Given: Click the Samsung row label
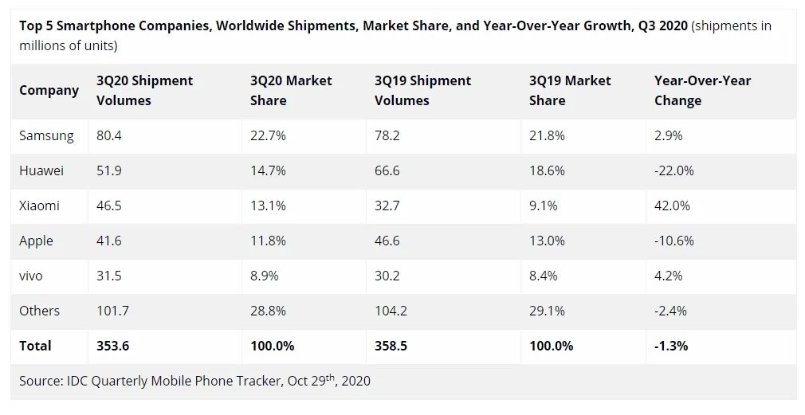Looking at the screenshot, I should pos(46,135).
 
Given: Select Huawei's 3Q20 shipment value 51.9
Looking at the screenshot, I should pos(109,170).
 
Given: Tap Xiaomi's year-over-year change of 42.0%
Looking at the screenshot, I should pos(672,206).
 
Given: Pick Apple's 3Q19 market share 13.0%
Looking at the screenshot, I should pos(547,241).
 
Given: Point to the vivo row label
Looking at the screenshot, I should pos(31,276).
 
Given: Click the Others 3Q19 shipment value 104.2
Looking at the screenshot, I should pos(391,311).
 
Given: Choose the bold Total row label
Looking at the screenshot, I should pos(35,346).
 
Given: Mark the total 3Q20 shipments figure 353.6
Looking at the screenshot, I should pos(112,346).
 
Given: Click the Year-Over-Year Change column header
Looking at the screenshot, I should pos(702,91).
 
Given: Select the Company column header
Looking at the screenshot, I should pos(49,90).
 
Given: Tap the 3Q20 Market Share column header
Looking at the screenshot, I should pos(291,91).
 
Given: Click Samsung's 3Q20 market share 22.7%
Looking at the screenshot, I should pos(268,135).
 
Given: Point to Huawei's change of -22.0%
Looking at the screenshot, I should pos(674,170).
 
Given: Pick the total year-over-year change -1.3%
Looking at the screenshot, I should pos(671,346).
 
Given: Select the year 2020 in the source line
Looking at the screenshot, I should pos(355,381).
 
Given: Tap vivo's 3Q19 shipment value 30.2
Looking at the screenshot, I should pos(387,276).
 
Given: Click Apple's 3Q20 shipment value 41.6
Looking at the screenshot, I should pos(109,241).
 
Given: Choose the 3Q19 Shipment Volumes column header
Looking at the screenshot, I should pos(422,91).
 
